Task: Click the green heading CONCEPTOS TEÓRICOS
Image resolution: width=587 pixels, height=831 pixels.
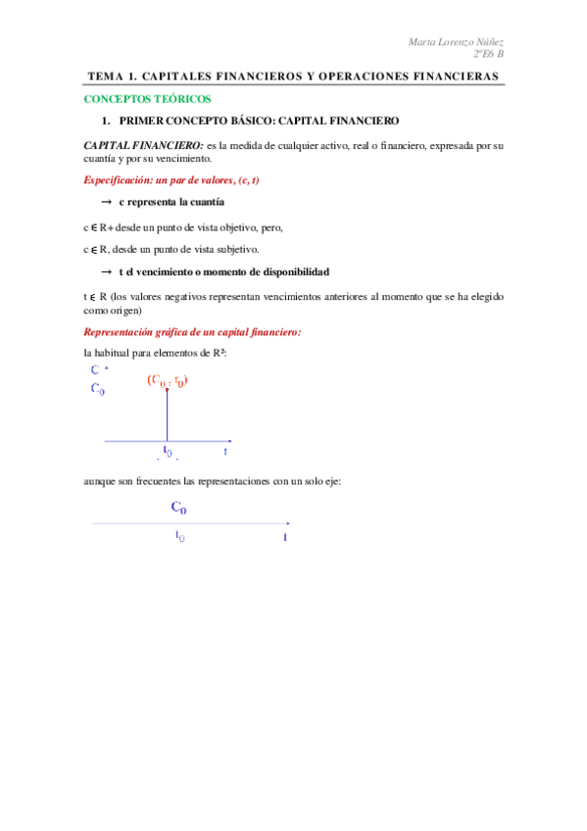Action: click(x=146, y=100)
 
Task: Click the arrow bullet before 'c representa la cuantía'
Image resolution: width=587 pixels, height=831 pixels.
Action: click(x=106, y=202)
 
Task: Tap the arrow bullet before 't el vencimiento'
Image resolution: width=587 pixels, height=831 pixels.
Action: click(x=106, y=271)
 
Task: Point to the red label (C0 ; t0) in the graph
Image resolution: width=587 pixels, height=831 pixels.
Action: click(x=168, y=380)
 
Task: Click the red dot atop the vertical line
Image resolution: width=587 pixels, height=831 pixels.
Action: click(x=167, y=390)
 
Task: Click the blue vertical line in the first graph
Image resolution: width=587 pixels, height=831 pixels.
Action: click(x=167, y=416)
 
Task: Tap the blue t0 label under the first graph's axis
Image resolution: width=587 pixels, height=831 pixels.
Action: click(x=168, y=452)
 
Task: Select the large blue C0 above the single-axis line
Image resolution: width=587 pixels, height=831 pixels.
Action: click(x=178, y=508)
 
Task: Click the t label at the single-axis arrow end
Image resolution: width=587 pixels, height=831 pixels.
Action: click(x=285, y=537)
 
